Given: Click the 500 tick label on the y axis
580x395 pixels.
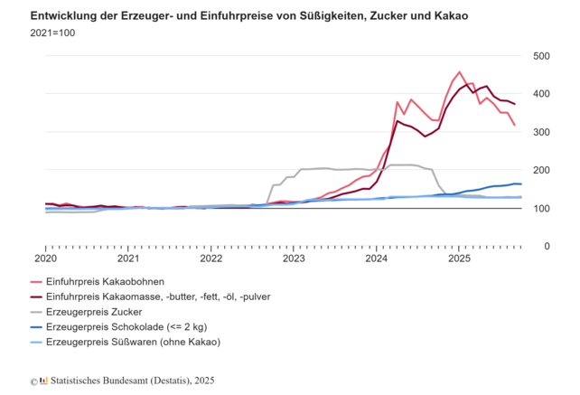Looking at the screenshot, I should pyautogui.click(x=541, y=56).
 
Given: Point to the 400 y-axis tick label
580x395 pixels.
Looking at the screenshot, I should pyautogui.click(x=541, y=94).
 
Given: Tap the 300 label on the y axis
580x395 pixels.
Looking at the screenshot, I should pyautogui.click(x=541, y=132).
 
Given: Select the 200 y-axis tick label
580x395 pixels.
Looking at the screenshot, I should pyautogui.click(x=541, y=170).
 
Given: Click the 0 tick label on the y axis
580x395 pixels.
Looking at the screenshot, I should pyautogui.click(x=547, y=246).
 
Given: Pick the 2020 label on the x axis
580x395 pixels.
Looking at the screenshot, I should pyautogui.click(x=45, y=259).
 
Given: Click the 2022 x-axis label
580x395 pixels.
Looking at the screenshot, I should pyautogui.click(x=210, y=259).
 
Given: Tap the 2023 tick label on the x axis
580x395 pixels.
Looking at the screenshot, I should pyautogui.click(x=293, y=259).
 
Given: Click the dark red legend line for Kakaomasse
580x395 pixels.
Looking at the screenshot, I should pyautogui.click(x=36, y=296).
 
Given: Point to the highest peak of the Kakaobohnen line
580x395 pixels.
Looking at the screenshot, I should pyautogui.click(x=459, y=72).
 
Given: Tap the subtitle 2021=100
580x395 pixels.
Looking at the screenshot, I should pyautogui.click(x=54, y=35).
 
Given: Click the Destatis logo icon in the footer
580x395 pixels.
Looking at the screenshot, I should pyautogui.click(x=43, y=381).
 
